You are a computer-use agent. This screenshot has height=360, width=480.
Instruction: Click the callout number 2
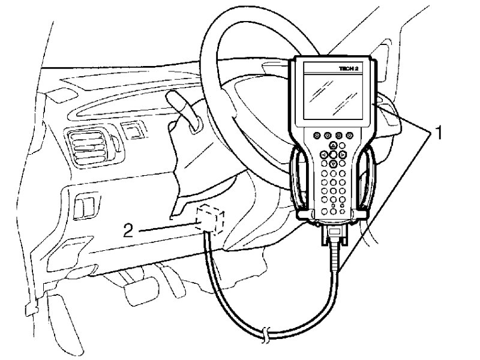pyautogui.click(x=128, y=230)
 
